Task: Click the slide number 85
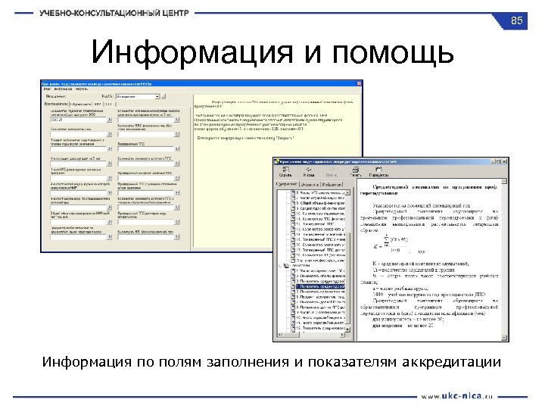[517, 20]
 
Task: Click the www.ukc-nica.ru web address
[456, 395]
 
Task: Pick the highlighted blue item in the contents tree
[319, 287]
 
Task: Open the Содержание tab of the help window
[287, 184]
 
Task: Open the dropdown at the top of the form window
[139, 97]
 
